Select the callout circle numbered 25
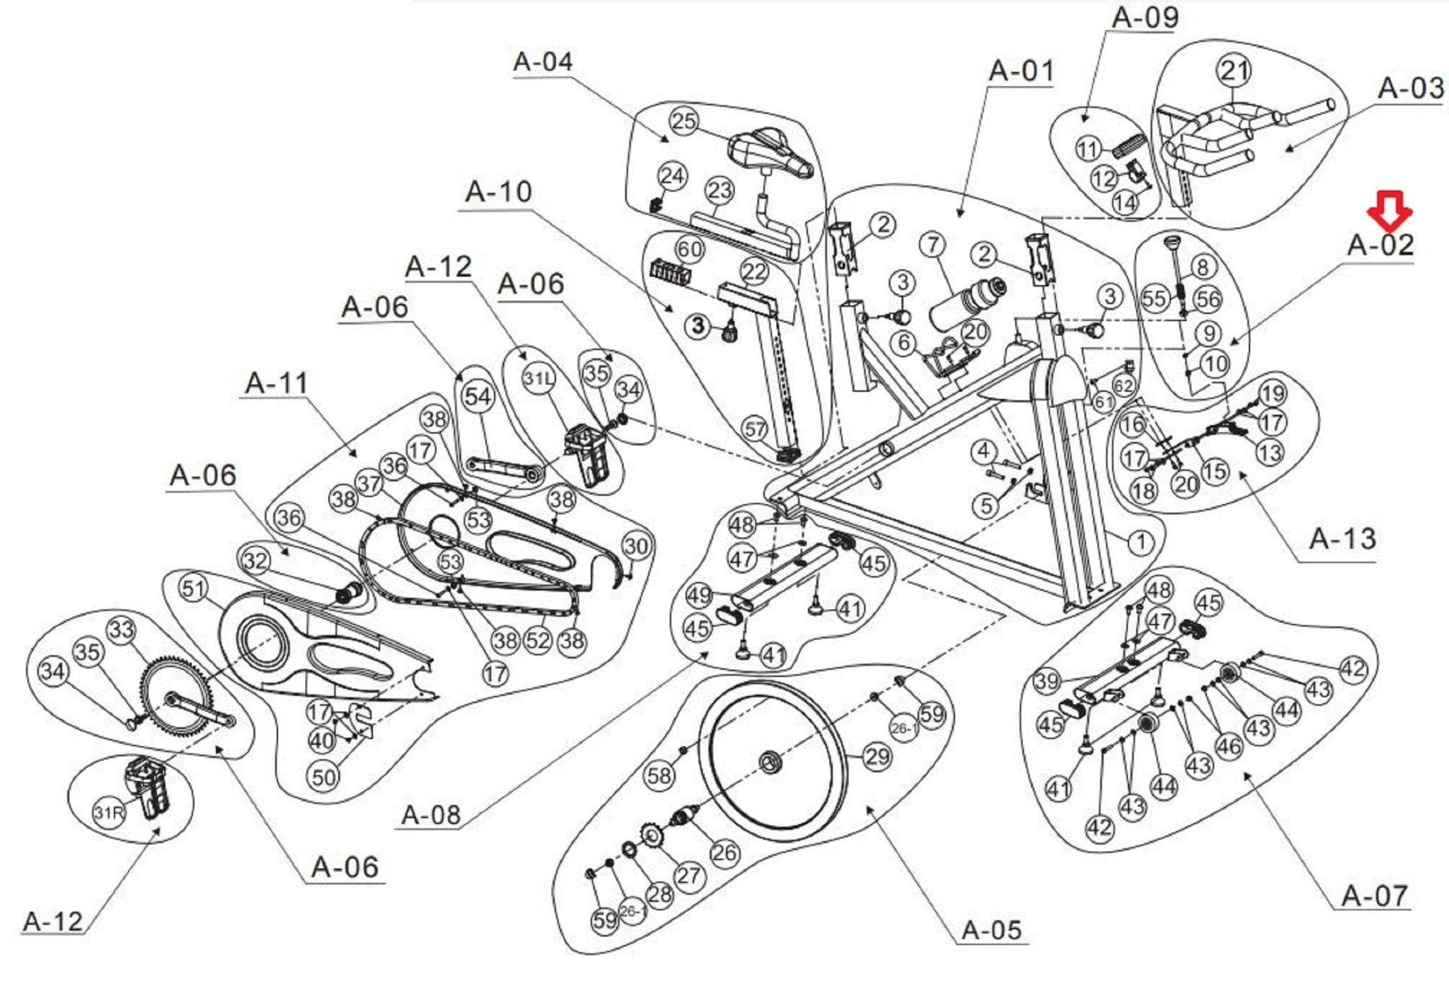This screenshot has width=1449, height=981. [x=683, y=121]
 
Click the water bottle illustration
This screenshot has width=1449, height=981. [x=966, y=304]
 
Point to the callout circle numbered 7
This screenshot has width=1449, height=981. [x=933, y=245]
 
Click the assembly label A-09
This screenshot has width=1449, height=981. [x=1145, y=18]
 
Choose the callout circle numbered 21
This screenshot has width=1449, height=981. [x=1234, y=70]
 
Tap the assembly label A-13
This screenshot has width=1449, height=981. [x=1342, y=539]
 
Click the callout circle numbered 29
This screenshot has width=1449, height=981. [x=877, y=757]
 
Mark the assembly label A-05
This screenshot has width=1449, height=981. [x=991, y=929]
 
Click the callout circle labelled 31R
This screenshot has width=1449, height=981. [x=108, y=813]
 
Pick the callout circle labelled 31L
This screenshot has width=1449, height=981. [x=538, y=378]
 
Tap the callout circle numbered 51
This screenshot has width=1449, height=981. [x=193, y=588]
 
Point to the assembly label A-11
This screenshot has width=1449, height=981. [x=277, y=383]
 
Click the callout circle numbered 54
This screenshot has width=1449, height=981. [x=478, y=396]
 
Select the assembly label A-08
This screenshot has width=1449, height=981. [x=431, y=815]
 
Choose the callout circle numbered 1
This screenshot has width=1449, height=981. [x=1140, y=542]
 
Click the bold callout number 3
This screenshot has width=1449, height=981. [x=699, y=325]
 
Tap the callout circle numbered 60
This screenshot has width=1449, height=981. [x=689, y=249]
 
